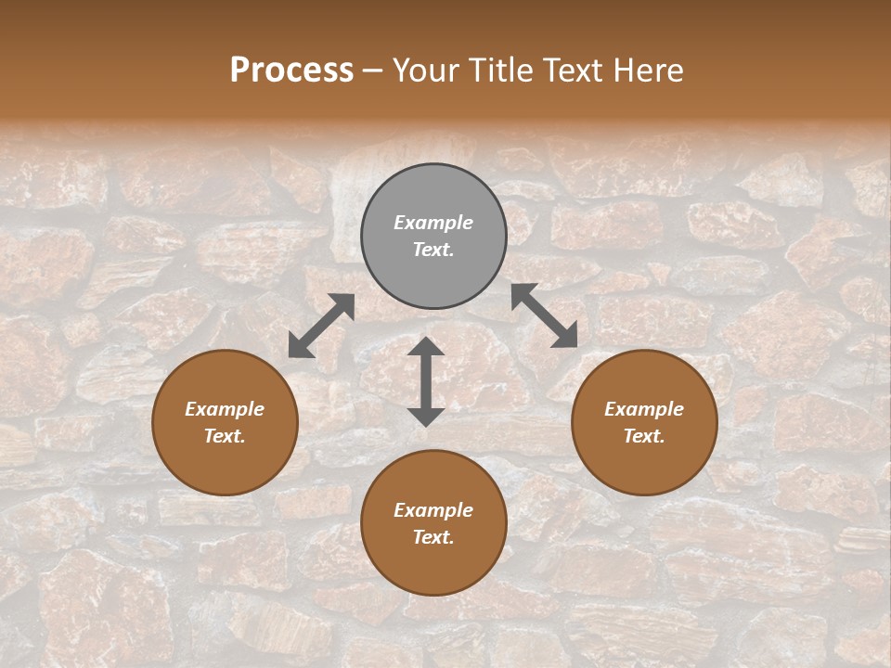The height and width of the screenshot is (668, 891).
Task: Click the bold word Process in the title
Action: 291,70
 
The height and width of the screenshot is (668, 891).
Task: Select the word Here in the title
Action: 648,70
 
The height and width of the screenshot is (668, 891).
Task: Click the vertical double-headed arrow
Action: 426,381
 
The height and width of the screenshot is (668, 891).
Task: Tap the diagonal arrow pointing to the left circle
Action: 321,326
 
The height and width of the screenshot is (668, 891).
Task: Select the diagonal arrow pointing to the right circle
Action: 545,315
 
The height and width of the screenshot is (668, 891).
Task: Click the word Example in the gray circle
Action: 433,223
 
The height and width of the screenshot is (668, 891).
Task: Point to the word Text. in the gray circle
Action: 433,250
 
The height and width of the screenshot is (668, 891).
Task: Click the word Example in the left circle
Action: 225,409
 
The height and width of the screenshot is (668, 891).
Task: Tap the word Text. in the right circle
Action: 644,436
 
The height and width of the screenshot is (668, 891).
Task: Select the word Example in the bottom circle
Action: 433,510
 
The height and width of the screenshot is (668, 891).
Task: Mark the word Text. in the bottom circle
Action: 433,537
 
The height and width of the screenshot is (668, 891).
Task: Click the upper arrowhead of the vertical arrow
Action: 426,347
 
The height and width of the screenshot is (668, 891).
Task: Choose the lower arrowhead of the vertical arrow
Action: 426,417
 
